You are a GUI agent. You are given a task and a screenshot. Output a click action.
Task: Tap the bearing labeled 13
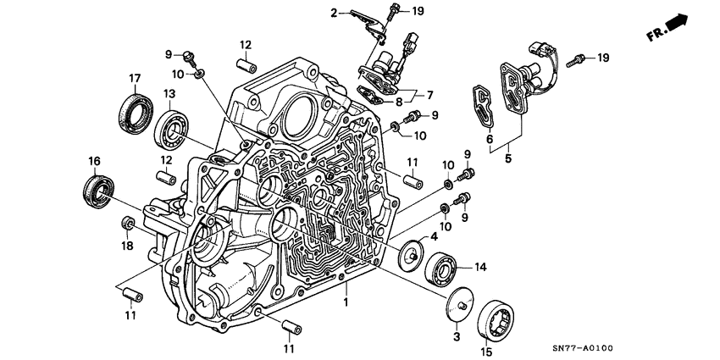[x=173, y=128]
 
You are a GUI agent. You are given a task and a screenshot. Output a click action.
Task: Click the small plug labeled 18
[x=129, y=224]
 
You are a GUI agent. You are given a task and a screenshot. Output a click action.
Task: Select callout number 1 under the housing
[x=346, y=301]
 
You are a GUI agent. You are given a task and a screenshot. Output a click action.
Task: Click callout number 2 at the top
[x=334, y=12]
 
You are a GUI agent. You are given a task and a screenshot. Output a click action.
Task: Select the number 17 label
[x=134, y=79]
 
